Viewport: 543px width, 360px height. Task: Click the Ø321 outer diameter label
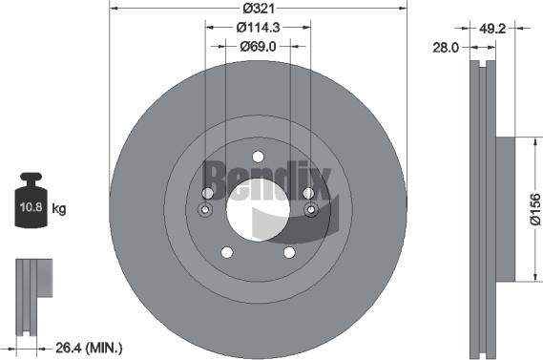259,8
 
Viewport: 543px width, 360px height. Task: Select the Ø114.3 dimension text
259,27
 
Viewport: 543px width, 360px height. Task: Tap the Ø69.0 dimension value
259,45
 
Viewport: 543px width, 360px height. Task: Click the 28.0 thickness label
447,45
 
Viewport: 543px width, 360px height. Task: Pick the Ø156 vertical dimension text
534,208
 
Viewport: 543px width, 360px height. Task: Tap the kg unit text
58,207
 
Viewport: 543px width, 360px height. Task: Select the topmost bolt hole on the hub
259,158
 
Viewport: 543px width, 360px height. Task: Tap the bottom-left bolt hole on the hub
227,252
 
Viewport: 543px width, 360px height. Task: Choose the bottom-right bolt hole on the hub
289,252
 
